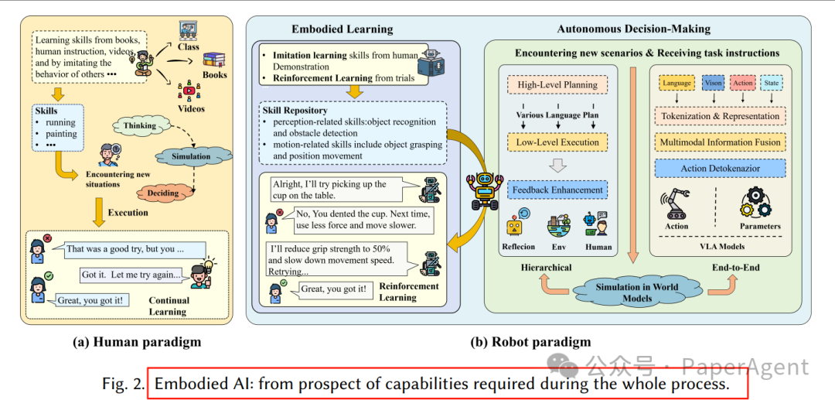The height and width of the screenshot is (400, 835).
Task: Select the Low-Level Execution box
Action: [x=557, y=142]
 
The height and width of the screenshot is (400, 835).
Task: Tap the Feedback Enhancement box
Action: [x=557, y=190]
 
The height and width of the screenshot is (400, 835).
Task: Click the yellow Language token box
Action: [x=677, y=83]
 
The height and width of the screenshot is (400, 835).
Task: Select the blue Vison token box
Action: [x=712, y=83]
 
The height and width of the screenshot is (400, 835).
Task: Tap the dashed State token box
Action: [x=771, y=83]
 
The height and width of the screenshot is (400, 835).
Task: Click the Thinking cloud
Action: [x=140, y=125]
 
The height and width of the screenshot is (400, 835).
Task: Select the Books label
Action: [x=215, y=75]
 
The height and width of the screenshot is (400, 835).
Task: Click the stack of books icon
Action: [x=214, y=59]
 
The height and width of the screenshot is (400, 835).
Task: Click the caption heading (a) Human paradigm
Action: [x=137, y=342]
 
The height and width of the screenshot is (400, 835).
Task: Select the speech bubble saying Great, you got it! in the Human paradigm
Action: [x=90, y=300]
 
